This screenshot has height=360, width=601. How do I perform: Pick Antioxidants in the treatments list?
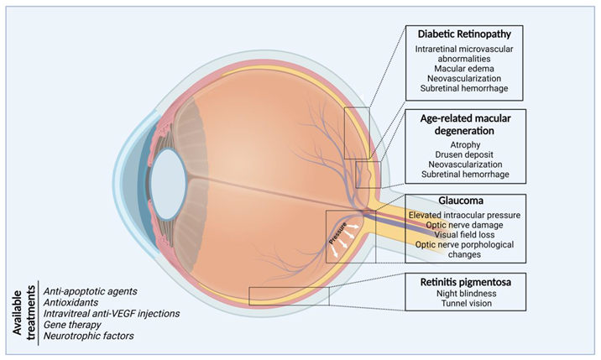click(70, 302)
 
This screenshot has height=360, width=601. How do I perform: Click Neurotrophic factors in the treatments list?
click(87, 336)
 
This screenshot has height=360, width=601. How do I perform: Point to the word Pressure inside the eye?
click(342, 234)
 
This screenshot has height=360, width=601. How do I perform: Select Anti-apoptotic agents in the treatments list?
click(90, 291)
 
